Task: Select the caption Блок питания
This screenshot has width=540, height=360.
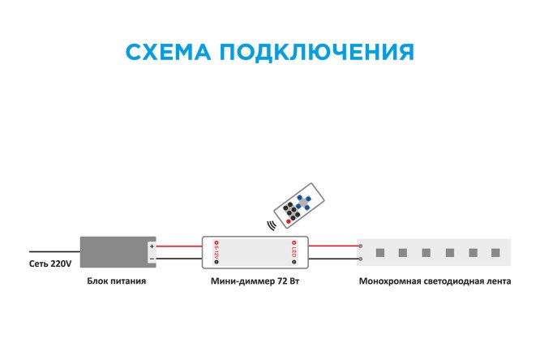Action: (118, 283)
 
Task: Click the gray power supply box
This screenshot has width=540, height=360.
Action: (113, 251)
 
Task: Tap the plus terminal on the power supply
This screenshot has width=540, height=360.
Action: (152, 246)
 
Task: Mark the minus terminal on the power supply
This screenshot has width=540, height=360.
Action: (152, 258)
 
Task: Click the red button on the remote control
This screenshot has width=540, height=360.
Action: (288, 221)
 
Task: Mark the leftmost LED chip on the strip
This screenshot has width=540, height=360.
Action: (379, 252)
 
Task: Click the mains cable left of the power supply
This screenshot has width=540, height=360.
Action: (54, 251)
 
